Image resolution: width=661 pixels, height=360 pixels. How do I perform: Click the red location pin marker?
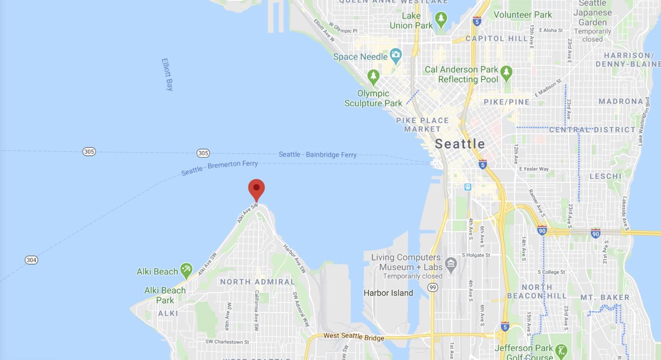pos(256,189)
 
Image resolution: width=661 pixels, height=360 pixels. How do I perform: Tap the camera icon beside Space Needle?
pos(396,55)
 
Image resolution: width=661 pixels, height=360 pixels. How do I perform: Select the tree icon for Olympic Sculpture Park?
pos(373,76)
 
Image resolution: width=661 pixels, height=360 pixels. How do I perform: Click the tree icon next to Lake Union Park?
pos(441,19)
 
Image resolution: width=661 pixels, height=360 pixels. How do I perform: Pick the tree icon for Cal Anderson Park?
pos(506,73)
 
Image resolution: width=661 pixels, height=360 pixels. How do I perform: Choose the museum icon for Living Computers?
pos(451,264)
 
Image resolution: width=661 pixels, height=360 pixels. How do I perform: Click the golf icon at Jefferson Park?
pos(561,351)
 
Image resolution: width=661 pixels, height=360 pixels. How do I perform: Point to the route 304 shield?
pos(31,260)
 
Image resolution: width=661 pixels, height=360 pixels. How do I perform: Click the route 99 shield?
pos(433,287)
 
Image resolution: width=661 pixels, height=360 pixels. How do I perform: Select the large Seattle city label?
pos(460,144)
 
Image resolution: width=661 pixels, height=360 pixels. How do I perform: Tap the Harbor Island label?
pos(388,293)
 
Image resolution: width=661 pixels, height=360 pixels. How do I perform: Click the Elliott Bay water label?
pos(167,74)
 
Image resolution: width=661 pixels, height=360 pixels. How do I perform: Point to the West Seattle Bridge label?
pos(354,337)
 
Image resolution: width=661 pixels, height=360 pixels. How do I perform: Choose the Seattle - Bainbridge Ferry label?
pos(317,154)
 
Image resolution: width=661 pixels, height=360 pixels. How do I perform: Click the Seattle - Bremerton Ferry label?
pos(219,167)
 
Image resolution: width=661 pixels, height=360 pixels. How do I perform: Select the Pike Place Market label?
pos(422,125)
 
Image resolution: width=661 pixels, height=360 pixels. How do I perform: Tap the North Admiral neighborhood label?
pos(257,282)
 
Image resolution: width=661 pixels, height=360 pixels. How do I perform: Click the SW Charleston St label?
pos(227,342)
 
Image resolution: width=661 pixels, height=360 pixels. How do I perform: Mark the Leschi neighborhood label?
pos(605,176)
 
